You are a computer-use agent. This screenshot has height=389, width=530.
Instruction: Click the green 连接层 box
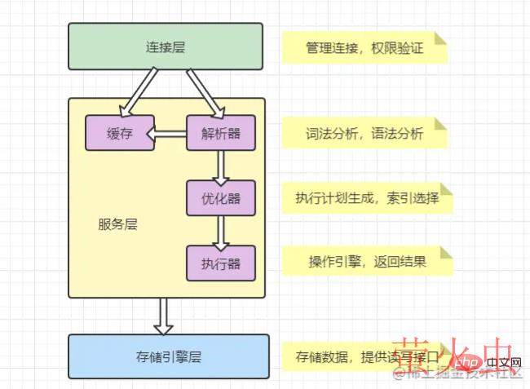[x=165, y=46]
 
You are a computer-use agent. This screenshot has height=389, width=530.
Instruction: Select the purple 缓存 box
[x=120, y=134]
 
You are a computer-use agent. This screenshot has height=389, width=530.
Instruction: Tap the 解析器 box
[x=219, y=134]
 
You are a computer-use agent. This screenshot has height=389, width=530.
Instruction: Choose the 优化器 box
[x=219, y=197]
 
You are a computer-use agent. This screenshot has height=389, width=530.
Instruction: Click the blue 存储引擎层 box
[x=168, y=356]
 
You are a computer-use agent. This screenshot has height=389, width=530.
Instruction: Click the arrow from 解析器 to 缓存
[x=171, y=134]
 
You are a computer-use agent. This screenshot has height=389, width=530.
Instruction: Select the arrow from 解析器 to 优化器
[x=219, y=166]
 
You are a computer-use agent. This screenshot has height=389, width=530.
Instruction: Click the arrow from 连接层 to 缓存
[x=140, y=92]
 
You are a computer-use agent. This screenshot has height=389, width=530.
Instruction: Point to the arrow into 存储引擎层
[x=163, y=316]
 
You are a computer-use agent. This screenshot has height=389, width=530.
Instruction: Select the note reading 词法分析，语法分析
[x=364, y=134]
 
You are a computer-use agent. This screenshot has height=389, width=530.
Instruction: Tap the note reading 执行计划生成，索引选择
[x=366, y=198]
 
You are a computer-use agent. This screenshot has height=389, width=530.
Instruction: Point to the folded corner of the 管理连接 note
[x=441, y=38]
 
